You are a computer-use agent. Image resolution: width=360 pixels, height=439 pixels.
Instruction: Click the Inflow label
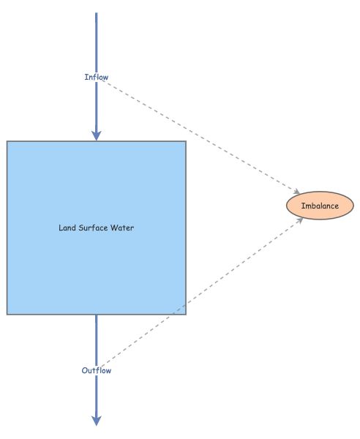[97, 77]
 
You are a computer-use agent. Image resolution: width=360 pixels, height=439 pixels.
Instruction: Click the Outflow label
[97, 370]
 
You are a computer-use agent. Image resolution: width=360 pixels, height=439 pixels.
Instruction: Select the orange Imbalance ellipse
[320, 206]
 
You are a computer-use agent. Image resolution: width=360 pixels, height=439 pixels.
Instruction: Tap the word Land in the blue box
[67, 228]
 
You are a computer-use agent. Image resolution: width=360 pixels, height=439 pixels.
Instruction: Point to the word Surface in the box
[96, 228]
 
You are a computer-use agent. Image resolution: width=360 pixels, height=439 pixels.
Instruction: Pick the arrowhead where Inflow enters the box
[96, 135]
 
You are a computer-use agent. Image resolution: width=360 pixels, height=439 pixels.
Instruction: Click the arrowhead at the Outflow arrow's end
[96, 420]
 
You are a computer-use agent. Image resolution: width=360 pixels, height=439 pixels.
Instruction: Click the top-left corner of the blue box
[7, 141]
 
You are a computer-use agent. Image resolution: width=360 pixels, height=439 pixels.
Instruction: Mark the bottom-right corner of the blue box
[186, 315]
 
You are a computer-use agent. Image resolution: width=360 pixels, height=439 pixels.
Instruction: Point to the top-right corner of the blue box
[186, 141]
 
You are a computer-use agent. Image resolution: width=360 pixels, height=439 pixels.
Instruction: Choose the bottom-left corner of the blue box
[7, 315]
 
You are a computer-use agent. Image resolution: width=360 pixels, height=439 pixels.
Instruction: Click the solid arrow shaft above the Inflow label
[96, 40]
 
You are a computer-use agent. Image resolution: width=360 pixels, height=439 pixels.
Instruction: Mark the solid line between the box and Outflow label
[96, 340]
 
